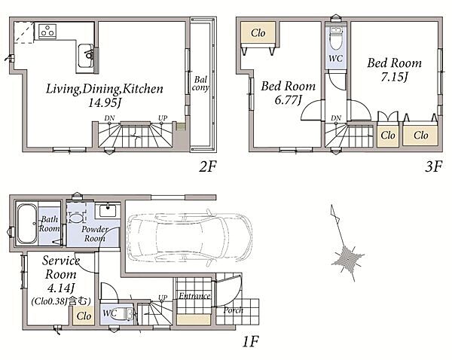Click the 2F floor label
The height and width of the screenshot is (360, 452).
[207, 166]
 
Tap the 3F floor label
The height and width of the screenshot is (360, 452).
[433, 166]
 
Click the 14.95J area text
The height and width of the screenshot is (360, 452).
[104, 102]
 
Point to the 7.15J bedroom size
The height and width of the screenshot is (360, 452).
[394, 77]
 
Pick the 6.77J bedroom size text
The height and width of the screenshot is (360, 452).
[288, 100]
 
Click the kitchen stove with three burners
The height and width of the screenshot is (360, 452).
[47, 31]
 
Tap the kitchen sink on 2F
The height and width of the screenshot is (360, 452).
[86, 56]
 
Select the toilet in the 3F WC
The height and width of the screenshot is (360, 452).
[336, 38]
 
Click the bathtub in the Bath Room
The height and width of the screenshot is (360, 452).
[27, 224]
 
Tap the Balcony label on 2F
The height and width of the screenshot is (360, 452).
[200, 84]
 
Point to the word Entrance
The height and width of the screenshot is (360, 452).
[194, 296]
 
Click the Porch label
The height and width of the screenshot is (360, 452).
[234, 310]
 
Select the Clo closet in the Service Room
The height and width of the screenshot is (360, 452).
[84, 316]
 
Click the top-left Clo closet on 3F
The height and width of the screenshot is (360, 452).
[258, 33]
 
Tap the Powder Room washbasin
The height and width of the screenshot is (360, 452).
[108, 211]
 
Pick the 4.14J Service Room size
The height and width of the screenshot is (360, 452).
[61, 288]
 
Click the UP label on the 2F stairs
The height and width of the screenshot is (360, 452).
[163, 118]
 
